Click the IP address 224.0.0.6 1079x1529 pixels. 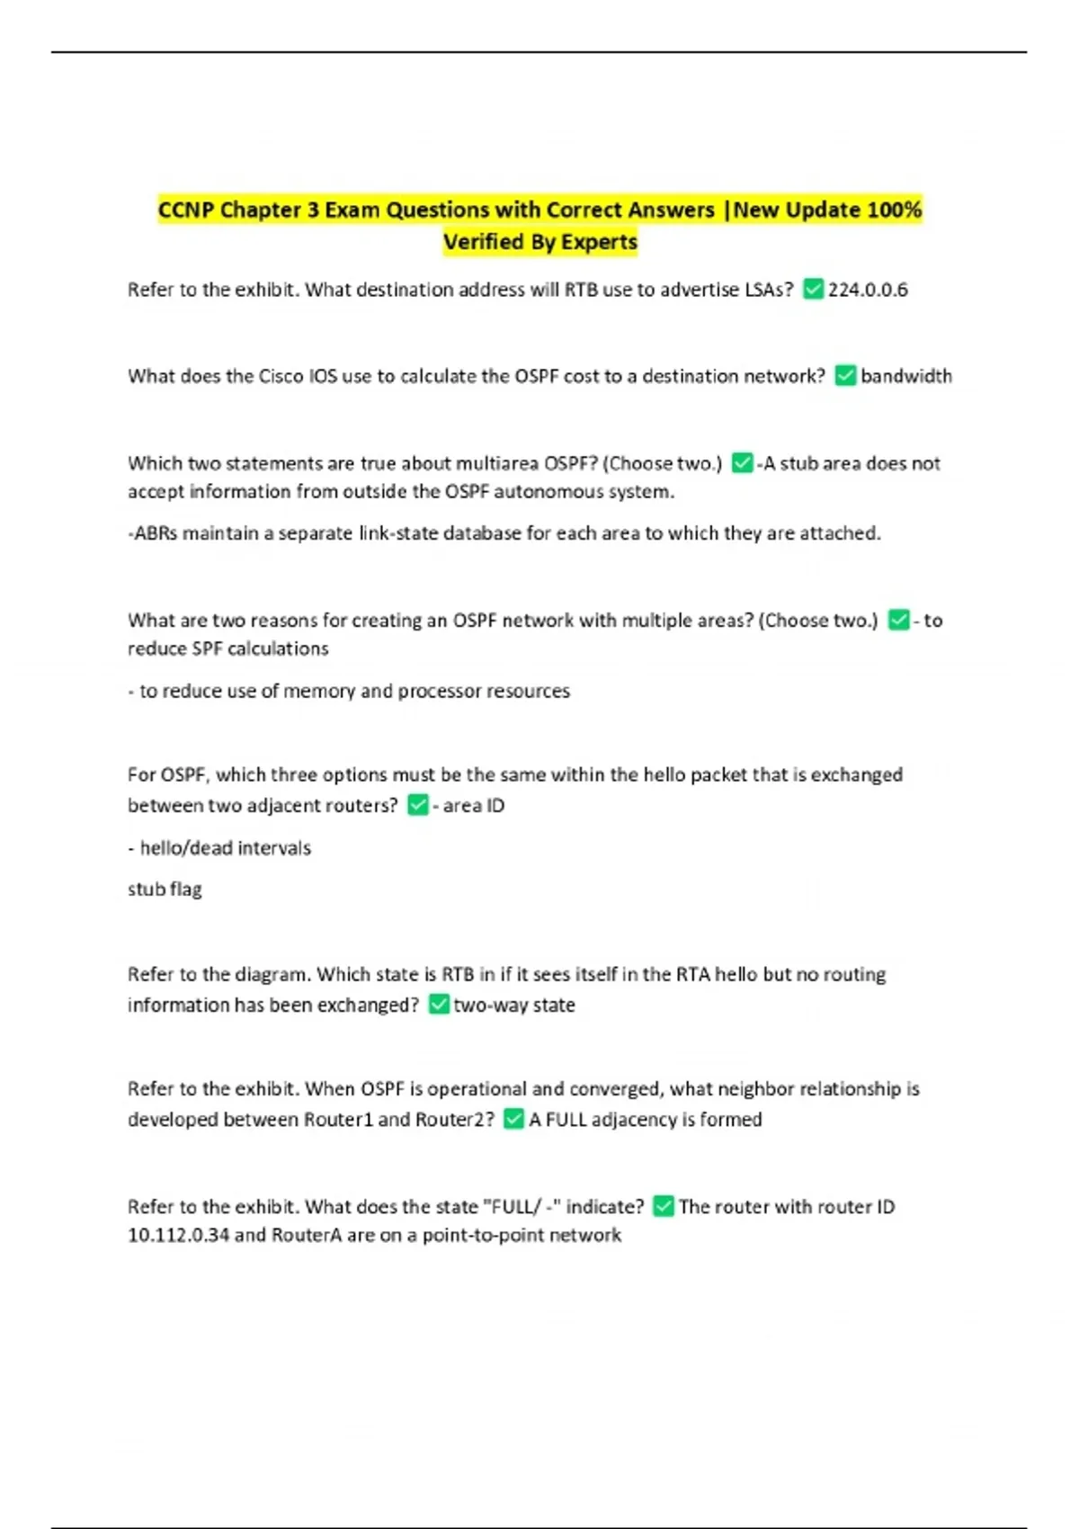click(868, 290)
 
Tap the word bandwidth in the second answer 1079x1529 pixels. click(905, 376)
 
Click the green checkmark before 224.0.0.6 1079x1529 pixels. click(813, 289)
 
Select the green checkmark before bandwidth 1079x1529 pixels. click(845, 375)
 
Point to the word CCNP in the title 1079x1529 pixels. click(186, 210)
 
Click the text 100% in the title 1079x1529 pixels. click(894, 210)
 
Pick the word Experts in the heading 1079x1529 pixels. click(599, 242)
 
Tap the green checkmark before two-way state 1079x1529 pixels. click(439, 1004)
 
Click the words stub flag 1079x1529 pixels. click(165, 890)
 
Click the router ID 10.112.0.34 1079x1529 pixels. click(178, 1235)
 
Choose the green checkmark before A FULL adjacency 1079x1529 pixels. click(513, 1119)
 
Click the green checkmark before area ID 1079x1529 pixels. click(418, 805)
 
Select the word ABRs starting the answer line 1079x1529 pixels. click(154, 533)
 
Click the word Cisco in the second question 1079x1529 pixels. click(281, 376)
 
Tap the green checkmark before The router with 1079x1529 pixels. click(664, 1206)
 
